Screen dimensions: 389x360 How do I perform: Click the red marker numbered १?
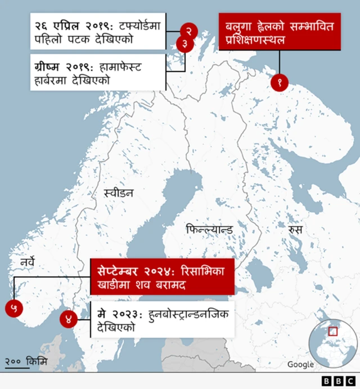pos(279,82)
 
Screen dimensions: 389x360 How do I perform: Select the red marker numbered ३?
pos(184,44)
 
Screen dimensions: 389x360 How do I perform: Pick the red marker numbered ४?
pos(69,319)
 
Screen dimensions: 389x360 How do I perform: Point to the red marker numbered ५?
pos(14,307)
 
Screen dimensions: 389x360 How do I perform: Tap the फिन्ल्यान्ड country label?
pos(209,230)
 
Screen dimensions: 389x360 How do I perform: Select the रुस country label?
pos(295,230)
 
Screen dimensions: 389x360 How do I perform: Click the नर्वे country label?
pos(28,262)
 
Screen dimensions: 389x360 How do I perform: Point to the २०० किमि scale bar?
pos(26,362)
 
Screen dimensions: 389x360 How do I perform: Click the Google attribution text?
pos(300,364)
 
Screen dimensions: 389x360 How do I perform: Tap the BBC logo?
pos(337,381)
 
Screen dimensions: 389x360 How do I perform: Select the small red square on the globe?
pos(333,331)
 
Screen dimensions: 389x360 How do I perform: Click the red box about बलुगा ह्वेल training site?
pos(279,32)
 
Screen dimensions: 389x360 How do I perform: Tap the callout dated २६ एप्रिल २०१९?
pos(98,32)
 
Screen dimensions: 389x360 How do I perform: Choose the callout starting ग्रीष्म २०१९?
pos(98,73)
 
